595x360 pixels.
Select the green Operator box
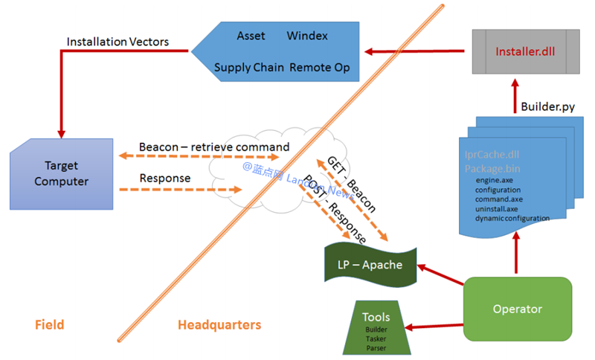[518, 308]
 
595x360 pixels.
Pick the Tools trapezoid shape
[376, 327]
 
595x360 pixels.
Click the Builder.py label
[547, 106]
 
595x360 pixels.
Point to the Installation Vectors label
[117, 42]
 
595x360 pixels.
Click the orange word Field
[49, 324]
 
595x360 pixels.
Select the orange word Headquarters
[219, 324]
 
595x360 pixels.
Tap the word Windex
[308, 36]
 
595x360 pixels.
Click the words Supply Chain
[249, 68]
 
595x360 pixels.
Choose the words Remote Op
[320, 68]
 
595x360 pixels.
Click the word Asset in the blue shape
[251, 36]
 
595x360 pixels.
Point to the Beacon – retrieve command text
[214, 147]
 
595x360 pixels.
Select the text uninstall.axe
[498, 209]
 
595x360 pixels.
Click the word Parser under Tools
[376, 347]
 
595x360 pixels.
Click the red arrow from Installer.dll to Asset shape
[414, 52]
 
